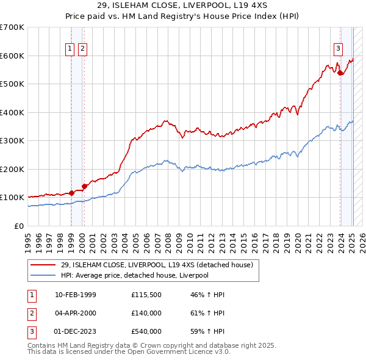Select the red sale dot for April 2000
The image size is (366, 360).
pyautogui.click(x=84, y=186)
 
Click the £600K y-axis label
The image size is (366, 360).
pyautogui.click(x=12, y=56)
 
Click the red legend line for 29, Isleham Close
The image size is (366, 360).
pyautogui.click(x=43, y=265)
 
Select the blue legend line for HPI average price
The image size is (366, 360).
pyautogui.click(x=43, y=275)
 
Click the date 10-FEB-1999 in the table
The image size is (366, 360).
pyautogui.click(x=76, y=295)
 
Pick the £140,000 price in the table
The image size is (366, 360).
pyautogui.click(x=146, y=313)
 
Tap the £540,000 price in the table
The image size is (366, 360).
pyautogui.click(x=146, y=331)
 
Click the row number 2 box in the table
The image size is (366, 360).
pyautogui.click(x=30, y=313)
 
